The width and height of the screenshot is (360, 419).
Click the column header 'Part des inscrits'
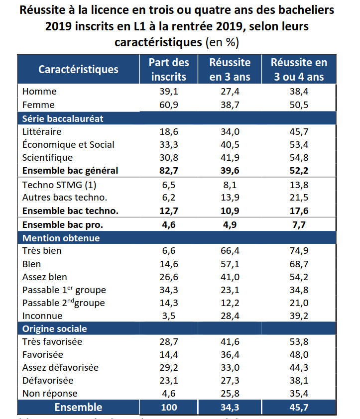(x=169, y=70)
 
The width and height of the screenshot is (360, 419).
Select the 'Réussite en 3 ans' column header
(x=230, y=70)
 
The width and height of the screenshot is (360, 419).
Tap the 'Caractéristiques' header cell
(x=79, y=69)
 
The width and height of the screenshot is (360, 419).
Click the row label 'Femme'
(x=38, y=105)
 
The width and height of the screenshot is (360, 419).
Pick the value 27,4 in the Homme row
(x=230, y=92)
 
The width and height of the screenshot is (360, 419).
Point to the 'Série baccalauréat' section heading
(x=63, y=118)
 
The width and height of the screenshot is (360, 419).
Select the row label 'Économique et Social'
(x=68, y=145)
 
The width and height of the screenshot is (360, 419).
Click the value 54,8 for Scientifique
(x=299, y=158)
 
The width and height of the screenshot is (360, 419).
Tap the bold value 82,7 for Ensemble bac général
(x=169, y=171)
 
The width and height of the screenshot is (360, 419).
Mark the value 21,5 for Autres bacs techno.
(x=299, y=198)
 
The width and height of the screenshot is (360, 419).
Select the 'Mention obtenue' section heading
(x=61, y=238)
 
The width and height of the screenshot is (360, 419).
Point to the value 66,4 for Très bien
(x=230, y=251)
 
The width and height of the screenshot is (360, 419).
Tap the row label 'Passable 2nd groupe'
(x=64, y=303)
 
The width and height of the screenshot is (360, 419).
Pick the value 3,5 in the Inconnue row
(x=169, y=316)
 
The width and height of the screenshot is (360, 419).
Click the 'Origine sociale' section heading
(x=55, y=329)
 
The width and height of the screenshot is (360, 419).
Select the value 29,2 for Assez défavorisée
(x=169, y=368)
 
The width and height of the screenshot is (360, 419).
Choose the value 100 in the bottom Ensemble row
(x=169, y=407)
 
